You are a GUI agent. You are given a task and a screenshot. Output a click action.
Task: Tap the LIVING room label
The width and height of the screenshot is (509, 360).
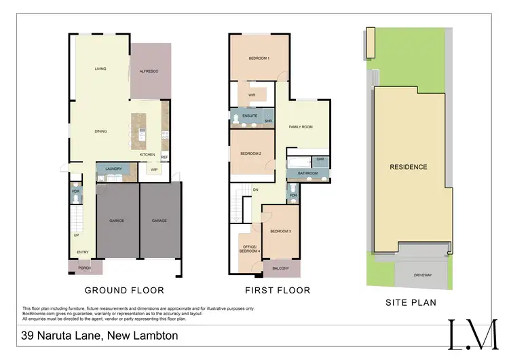coord(101,69)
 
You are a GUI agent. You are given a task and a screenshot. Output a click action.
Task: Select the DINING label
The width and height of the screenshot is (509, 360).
coord(101,131)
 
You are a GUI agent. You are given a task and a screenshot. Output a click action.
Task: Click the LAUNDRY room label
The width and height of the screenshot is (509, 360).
coord(113,168)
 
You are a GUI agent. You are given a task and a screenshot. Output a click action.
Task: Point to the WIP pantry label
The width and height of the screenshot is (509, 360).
coord(154,169)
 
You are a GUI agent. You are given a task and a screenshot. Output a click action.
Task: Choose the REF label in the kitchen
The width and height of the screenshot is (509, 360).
coord(164,157)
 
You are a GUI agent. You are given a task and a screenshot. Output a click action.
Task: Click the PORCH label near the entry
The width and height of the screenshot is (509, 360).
coord(85,268)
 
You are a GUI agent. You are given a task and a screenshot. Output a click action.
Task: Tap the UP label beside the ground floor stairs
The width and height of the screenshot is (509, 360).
coord(75,236)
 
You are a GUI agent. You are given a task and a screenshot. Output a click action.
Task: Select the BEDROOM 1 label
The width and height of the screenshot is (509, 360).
coord(259,58)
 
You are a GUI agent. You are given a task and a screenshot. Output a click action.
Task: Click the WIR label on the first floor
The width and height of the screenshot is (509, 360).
coord(251,95)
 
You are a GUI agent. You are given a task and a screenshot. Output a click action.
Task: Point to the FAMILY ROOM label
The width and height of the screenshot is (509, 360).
coord(301,127)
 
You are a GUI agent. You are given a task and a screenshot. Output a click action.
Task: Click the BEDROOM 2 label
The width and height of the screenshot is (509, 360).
coord(250,154)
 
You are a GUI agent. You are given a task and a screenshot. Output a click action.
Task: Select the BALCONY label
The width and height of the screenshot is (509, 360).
coord(280,268)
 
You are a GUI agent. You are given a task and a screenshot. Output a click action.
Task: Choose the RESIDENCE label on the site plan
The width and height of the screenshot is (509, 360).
coord(408,167)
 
